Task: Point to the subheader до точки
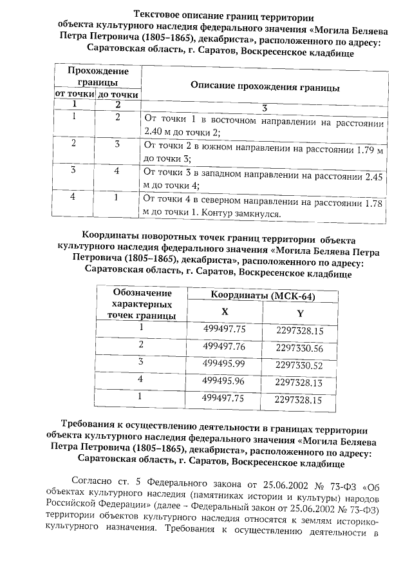[x=117, y=95]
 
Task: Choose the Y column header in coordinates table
[x=299, y=313]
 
